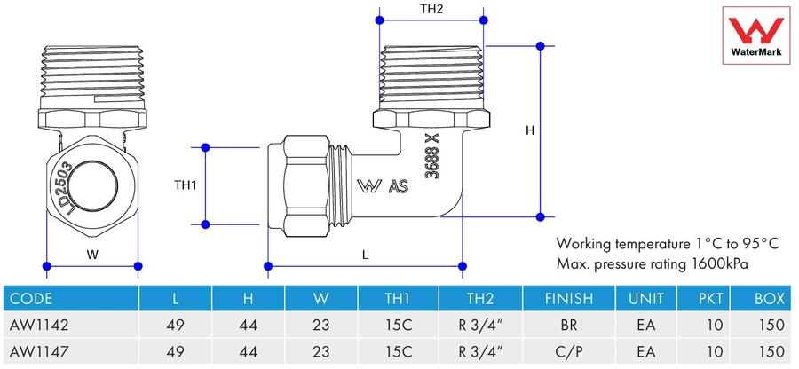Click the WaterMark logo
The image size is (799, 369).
point(755,35)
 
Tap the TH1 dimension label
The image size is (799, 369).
point(186,185)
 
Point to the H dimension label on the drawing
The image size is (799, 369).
point(530,130)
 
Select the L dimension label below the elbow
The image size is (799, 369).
point(365,255)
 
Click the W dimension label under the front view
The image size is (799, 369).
point(92,255)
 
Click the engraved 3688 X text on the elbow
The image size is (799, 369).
point(432,155)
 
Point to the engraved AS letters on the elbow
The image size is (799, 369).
point(399,187)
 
